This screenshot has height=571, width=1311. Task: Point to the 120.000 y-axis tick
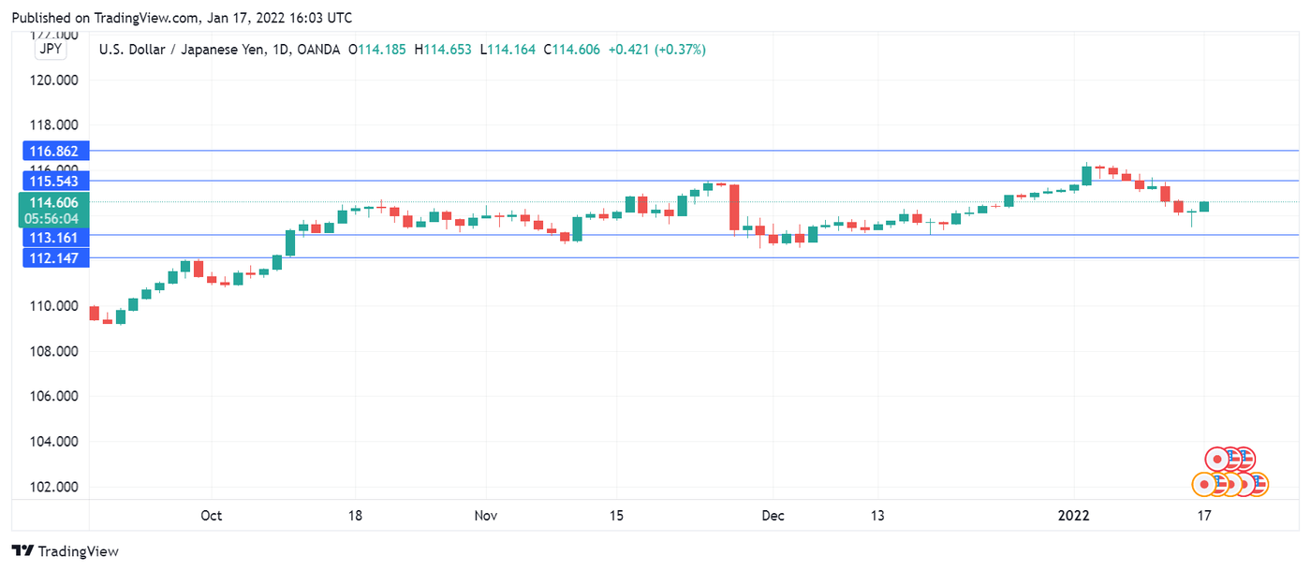pyautogui.click(x=54, y=80)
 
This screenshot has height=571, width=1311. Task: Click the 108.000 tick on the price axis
pyautogui.click(x=54, y=351)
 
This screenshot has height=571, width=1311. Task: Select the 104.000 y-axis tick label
pyautogui.click(x=54, y=442)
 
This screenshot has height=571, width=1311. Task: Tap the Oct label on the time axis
pyautogui.click(x=212, y=516)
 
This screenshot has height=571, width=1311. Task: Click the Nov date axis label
pyautogui.click(x=486, y=516)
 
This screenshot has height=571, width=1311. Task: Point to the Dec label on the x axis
pyautogui.click(x=773, y=516)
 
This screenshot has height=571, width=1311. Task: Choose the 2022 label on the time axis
pyautogui.click(x=1074, y=516)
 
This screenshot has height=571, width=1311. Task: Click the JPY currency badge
pyautogui.click(x=50, y=50)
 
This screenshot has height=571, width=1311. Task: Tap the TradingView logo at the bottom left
pyautogui.click(x=65, y=551)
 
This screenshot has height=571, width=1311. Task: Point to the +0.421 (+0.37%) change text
pyautogui.click(x=656, y=50)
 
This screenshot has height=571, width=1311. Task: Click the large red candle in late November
pyautogui.click(x=734, y=207)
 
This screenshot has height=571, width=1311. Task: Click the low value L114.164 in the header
pyautogui.click(x=508, y=50)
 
